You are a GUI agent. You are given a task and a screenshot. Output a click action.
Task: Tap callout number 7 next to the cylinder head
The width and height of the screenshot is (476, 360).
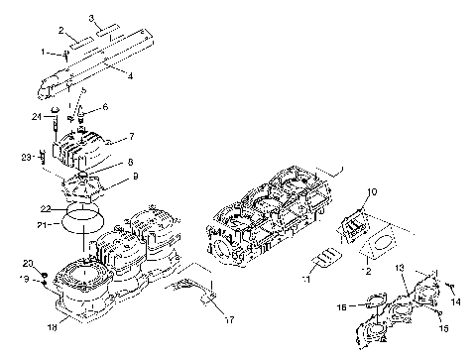click(x=131, y=136)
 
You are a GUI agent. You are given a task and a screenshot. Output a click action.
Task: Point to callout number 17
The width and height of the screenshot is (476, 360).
click(x=229, y=318)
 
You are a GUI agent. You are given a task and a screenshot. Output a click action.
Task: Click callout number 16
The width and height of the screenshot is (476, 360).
click(x=342, y=308)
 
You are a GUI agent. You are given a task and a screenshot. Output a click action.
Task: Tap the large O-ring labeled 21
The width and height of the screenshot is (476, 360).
click(x=87, y=223)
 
